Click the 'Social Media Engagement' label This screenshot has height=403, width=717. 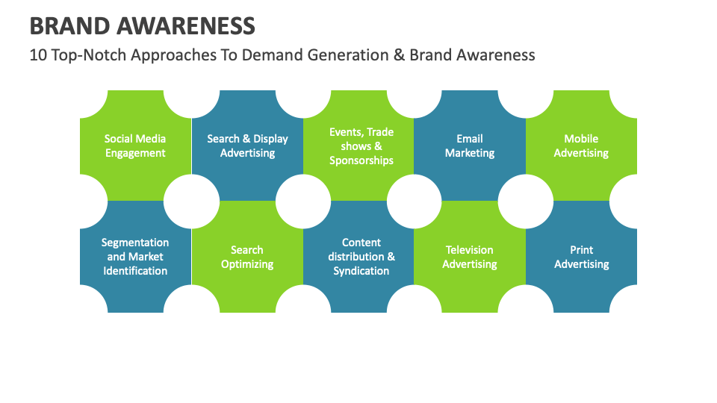135,146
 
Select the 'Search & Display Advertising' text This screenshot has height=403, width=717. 247,146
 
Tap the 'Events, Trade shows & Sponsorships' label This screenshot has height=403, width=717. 361,146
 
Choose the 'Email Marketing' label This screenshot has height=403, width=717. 470,146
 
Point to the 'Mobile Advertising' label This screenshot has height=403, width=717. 581,146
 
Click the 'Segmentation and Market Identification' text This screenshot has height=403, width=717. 135,257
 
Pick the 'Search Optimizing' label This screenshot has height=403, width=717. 247,257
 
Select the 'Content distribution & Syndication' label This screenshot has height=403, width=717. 361,257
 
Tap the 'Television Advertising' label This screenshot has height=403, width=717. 470,257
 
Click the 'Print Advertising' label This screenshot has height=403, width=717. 581,257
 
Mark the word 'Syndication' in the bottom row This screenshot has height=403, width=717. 361,271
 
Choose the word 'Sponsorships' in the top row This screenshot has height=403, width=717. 361,160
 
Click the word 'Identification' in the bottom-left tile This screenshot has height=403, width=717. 135,271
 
